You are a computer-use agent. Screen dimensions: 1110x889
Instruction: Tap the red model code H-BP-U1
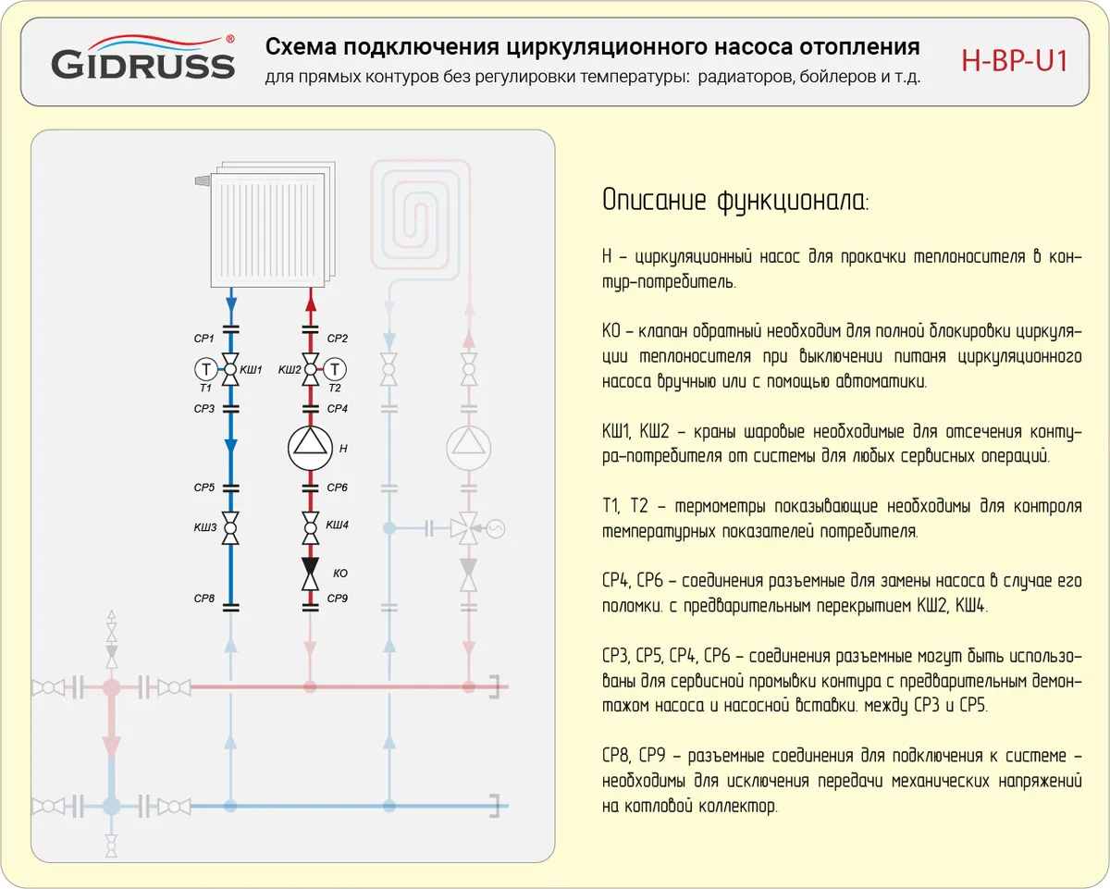tap(1015, 62)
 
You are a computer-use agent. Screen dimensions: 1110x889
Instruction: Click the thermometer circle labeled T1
tap(204, 369)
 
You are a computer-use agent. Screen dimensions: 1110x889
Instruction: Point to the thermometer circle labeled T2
tap(335, 369)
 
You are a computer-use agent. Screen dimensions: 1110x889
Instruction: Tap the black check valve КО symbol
tap(311, 573)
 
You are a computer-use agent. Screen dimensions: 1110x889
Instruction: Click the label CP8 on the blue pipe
tap(204, 599)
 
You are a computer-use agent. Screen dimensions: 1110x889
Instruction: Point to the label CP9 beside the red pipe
tap(338, 599)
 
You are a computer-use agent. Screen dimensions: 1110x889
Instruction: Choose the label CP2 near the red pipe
tap(338, 340)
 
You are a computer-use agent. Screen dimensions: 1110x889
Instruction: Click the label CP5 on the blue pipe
tap(204, 488)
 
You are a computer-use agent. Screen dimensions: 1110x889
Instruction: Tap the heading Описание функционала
tap(735, 201)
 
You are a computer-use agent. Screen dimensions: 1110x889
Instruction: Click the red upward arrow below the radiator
tap(311, 302)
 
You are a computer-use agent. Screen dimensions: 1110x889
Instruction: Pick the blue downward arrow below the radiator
tap(231, 302)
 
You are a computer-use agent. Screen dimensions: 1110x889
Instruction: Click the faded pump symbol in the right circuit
tap(469, 448)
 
